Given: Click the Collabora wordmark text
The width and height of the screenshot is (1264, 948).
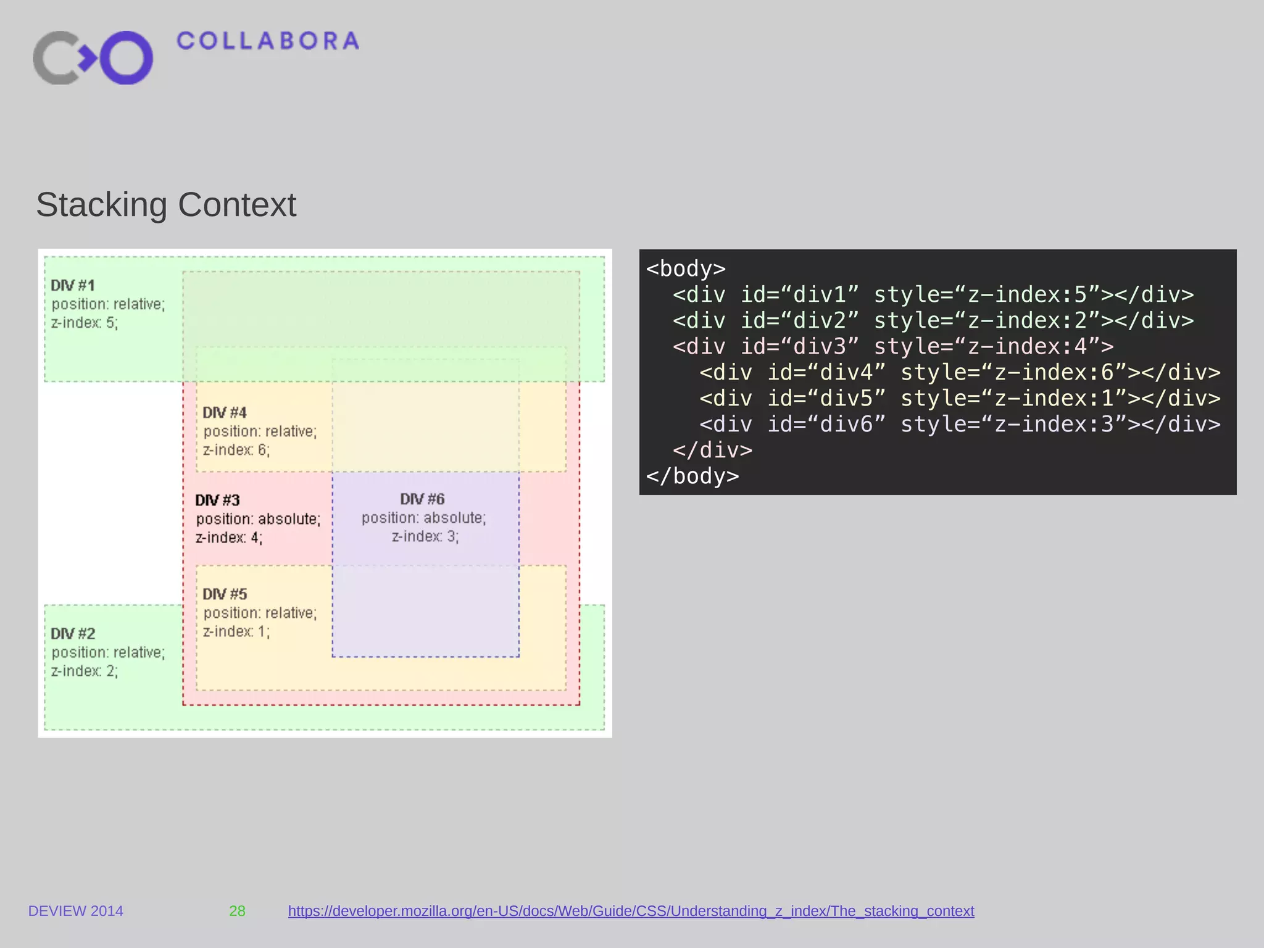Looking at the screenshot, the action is [267, 41].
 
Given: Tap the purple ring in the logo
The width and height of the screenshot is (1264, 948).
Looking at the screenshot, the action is [127, 57].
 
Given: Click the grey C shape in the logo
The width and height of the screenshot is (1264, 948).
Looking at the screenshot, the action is [56, 57].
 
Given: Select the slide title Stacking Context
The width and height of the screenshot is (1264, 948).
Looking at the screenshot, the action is [166, 205].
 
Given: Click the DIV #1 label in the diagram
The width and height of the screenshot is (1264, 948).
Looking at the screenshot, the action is [73, 285].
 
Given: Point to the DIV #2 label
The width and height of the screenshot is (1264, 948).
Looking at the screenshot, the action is [73, 633].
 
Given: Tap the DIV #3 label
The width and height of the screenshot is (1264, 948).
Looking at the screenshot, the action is [217, 500].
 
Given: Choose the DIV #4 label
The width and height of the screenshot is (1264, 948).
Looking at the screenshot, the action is [225, 412].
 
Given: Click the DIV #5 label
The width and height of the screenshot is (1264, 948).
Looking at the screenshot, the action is [225, 594].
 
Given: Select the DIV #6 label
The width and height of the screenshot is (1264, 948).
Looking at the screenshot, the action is [422, 499].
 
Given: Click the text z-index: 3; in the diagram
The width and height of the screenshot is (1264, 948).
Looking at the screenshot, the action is [425, 536].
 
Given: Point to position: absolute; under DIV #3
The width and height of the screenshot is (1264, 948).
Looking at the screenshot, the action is [258, 519].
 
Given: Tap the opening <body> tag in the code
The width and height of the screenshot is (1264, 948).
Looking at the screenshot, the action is [686, 269].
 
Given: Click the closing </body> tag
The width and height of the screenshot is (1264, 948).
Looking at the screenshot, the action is [692, 476].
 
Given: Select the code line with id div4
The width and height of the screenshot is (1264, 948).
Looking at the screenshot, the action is [960, 373].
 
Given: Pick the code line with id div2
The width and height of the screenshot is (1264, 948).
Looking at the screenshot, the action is [933, 321].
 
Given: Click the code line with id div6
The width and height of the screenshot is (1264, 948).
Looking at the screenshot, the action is [960, 425].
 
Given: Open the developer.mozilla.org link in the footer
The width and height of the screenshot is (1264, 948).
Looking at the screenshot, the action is [631, 911].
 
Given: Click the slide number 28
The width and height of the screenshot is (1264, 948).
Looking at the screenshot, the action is [237, 911].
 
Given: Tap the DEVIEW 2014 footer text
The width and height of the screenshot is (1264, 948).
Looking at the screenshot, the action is [76, 911].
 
